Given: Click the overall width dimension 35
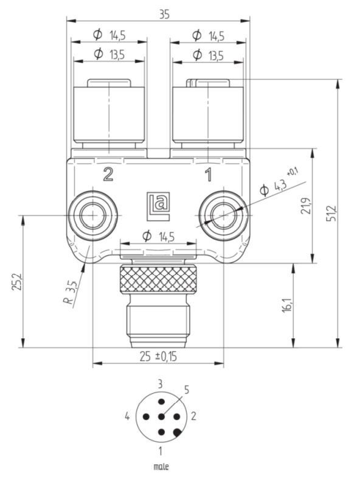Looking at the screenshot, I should coord(164,15).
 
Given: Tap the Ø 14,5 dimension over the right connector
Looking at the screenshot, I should coord(208,36).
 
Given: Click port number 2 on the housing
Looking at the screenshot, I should coord(108,175).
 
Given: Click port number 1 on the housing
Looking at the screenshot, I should coord(208,175).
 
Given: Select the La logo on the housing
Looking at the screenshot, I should coord(157,202).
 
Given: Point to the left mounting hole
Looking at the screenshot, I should coord(92,214).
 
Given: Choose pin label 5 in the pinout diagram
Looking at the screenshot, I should coord(186,390).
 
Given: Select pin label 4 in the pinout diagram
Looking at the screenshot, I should coord(128,417).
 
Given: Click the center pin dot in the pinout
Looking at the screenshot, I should coord(161,417).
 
